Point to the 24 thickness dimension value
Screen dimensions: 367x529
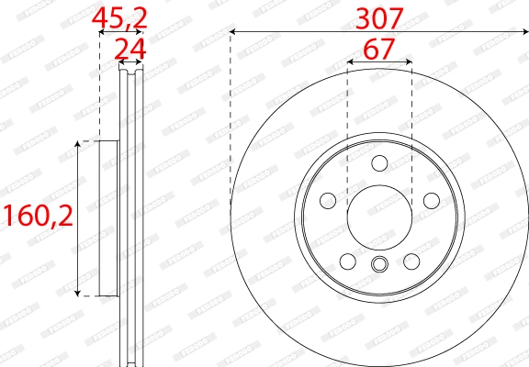[130, 48]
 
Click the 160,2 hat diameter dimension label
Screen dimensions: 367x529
[37, 217]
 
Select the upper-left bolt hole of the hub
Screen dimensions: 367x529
[327, 201]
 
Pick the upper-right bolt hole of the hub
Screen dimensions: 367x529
[431, 201]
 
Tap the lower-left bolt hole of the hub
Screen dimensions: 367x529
[347, 261]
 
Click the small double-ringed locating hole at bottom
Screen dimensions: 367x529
[379, 266]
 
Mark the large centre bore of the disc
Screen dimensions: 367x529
[379, 218]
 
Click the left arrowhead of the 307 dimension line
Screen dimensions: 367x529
[234, 32]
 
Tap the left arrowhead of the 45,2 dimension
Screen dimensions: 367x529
[102, 32]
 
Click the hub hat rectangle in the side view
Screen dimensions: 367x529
[109, 218]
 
